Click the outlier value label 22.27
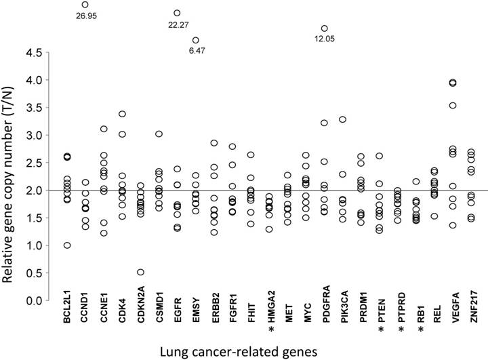[x=178, y=25]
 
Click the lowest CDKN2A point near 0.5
[x=140, y=273]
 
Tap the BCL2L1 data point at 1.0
[x=67, y=245]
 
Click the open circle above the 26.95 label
[x=85, y=4]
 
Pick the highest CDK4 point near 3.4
[x=122, y=115]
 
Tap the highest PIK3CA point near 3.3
[x=343, y=119]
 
